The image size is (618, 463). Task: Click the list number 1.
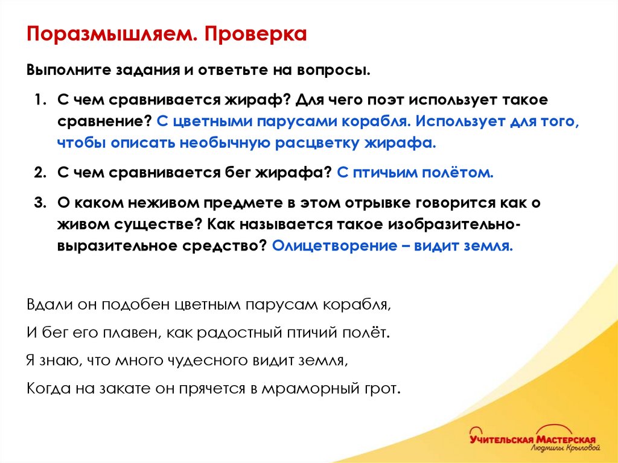(40, 98)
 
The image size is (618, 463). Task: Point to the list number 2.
(40, 173)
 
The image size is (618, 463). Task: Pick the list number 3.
(40, 203)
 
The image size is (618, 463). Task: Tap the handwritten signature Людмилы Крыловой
(565, 449)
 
